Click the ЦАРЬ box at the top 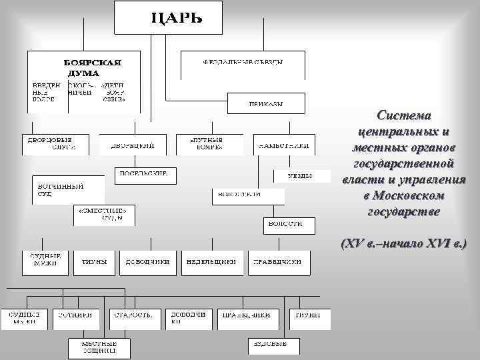(x=167, y=17)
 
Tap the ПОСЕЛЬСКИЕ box (x=145, y=175)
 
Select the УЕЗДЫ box (x=300, y=176)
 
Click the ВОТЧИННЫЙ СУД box (x=69, y=189)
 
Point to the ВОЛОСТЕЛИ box (x=247, y=195)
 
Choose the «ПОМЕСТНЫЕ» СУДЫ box (x=103, y=214)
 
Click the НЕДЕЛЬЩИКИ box (x=211, y=262)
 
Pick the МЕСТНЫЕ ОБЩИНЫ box (x=99, y=346)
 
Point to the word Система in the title (x=405, y=114)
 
